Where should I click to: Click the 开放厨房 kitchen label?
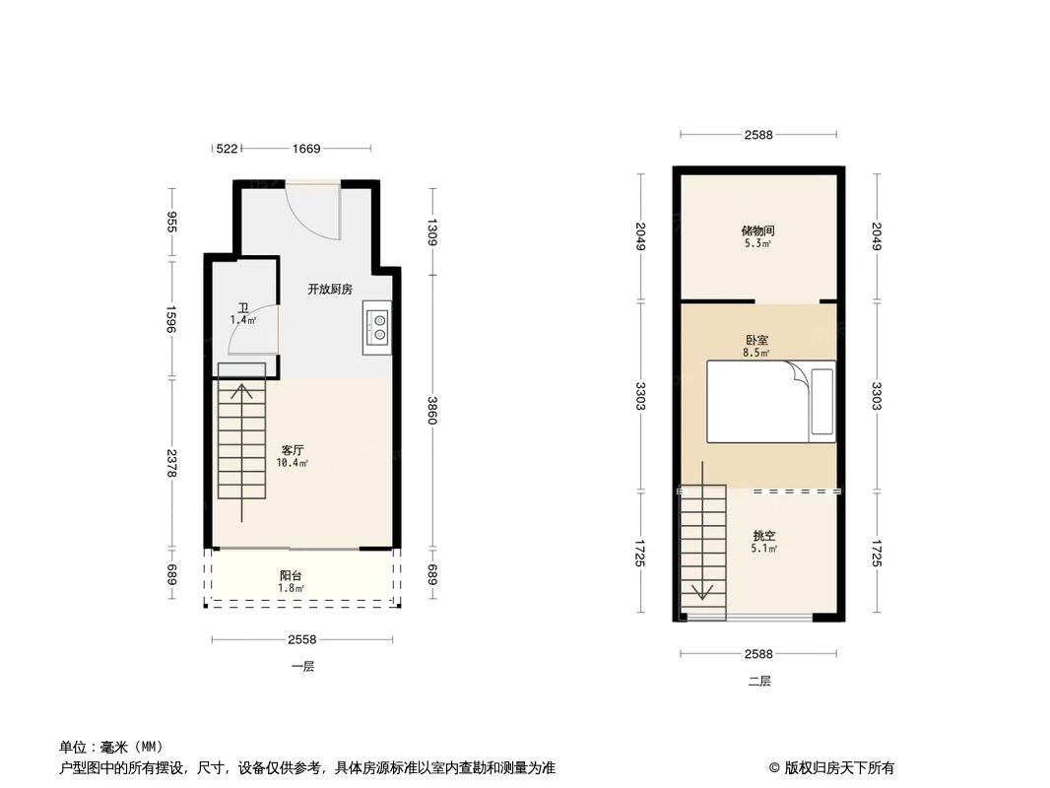pyautogui.click(x=329, y=290)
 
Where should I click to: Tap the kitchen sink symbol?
pyautogui.click(x=378, y=327)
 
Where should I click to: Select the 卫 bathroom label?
pyautogui.click(x=242, y=307)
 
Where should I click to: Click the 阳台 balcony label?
pyautogui.click(x=290, y=576)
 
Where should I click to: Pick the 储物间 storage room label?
pyautogui.click(x=757, y=231)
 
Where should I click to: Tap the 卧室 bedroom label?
pyautogui.click(x=757, y=339)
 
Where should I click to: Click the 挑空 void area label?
pyautogui.click(x=764, y=536)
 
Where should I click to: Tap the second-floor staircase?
pyautogui.click(x=703, y=547)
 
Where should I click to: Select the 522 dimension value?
pyautogui.click(x=227, y=149)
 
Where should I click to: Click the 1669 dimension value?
pyautogui.click(x=306, y=149)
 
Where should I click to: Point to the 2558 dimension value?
pyautogui.click(x=302, y=640)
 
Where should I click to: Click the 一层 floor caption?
pyautogui.click(x=302, y=667)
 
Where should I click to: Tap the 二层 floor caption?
pyautogui.click(x=758, y=681)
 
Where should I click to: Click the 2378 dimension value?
pyautogui.click(x=172, y=463)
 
